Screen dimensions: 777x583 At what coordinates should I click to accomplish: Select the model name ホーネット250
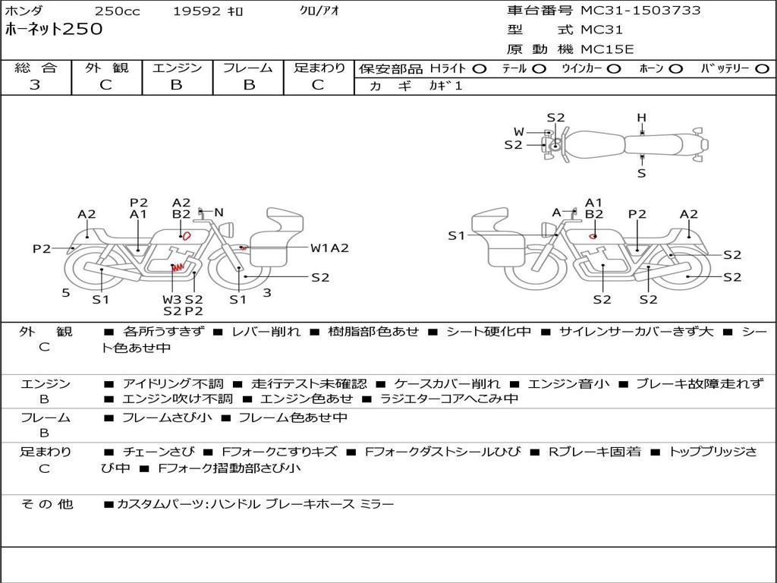pos(53,30)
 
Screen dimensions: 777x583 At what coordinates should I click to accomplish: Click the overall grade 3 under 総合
pos(35,85)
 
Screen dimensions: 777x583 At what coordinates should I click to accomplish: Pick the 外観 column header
pos(106,68)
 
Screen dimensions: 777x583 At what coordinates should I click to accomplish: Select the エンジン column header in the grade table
pos(177,68)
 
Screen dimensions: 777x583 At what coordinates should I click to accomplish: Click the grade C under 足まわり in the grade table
pos(318,85)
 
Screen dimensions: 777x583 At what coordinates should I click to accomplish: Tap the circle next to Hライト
pos(479,68)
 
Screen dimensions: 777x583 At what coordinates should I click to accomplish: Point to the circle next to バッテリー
pos(762,68)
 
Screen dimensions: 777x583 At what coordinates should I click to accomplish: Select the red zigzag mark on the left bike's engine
pos(177,267)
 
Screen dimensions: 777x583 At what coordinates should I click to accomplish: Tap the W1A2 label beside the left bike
pos(329,248)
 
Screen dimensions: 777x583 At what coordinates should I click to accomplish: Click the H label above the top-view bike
pos(641,118)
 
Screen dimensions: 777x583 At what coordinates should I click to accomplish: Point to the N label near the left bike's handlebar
pos(219,213)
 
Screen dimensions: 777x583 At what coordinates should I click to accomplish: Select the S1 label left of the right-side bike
pos(456,236)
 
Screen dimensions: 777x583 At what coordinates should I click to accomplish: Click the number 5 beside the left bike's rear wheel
pos(66,292)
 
